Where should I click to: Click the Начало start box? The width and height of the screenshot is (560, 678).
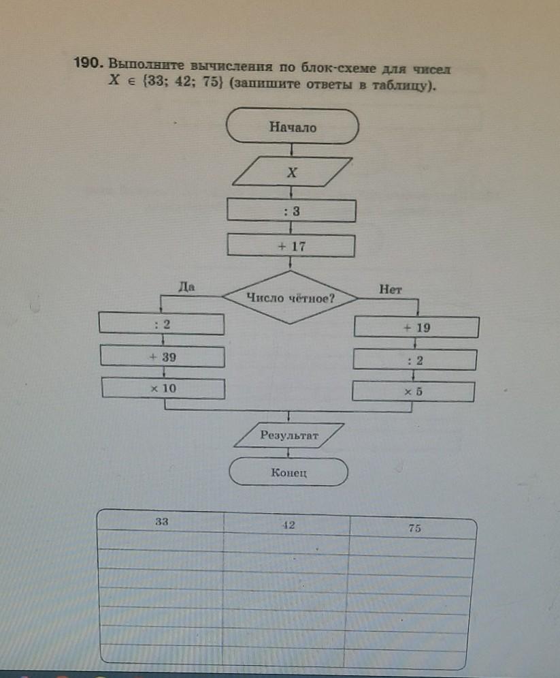click(x=293, y=127)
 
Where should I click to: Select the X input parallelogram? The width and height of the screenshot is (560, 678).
click(x=293, y=173)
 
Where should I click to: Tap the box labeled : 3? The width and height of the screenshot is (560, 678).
click(x=291, y=211)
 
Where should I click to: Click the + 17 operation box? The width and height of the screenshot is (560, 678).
click(x=291, y=246)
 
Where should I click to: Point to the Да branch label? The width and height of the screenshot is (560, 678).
click(x=186, y=287)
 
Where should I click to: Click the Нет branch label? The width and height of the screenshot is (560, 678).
click(x=391, y=289)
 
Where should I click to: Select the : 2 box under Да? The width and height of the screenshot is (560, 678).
click(x=161, y=324)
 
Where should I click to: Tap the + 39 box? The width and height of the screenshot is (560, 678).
click(x=163, y=356)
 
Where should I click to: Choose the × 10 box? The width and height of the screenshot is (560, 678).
click(x=163, y=388)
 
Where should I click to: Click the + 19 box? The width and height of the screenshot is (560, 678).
click(x=416, y=328)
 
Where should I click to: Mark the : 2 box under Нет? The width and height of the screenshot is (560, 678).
click(x=414, y=360)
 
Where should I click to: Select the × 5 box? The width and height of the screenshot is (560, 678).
click(x=413, y=392)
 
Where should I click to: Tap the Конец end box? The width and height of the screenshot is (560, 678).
click(x=289, y=472)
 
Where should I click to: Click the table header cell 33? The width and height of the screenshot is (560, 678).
click(x=161, y=521)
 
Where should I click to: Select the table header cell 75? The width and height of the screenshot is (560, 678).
click(x=414, y=528)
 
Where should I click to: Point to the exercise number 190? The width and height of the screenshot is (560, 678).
click(x=88, y=63)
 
